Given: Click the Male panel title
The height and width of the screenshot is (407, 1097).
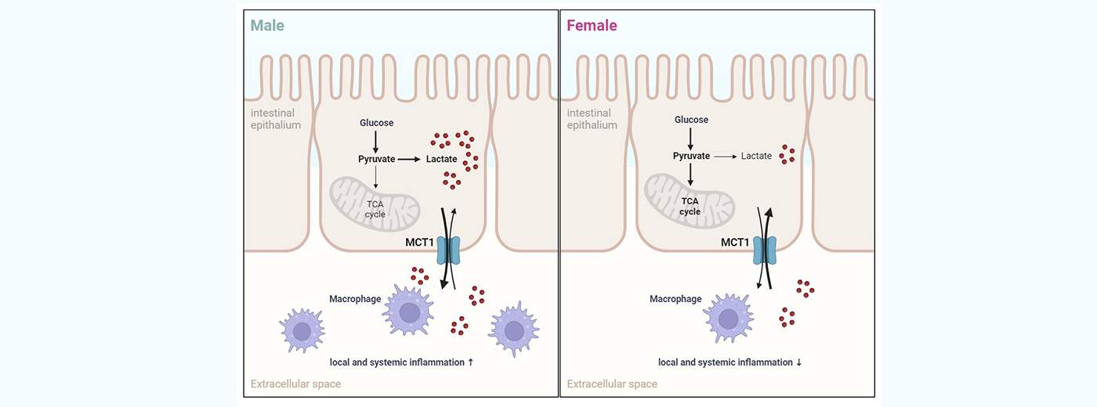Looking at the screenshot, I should (x=267, y=25).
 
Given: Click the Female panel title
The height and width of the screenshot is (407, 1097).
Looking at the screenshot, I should (x=591, y=25).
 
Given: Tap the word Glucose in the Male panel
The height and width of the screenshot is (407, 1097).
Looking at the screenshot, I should (x=376, y=123).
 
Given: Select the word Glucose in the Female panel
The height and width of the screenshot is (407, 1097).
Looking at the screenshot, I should (x=691, y=120).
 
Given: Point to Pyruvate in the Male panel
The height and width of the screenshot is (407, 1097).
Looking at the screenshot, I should (x=376, y=159).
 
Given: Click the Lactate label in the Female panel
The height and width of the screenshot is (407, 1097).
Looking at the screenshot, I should (x=756, y=156).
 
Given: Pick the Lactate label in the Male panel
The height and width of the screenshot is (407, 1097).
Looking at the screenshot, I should (x=441, y=159).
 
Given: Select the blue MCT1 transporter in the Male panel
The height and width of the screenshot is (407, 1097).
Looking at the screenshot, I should (x=449, y=250).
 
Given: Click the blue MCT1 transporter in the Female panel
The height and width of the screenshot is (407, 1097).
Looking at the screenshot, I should (x=764, y=250).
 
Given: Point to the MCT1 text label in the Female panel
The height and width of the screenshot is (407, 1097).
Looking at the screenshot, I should (x=734, y=243).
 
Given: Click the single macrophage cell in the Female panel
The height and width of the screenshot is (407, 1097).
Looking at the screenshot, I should (x=728, y=319).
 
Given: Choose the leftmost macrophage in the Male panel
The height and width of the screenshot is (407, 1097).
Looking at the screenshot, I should (x=302, y=330).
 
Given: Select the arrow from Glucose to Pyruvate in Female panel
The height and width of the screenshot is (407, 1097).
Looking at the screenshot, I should (x=690, y=139).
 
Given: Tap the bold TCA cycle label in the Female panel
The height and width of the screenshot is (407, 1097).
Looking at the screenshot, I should (x=690, y=206).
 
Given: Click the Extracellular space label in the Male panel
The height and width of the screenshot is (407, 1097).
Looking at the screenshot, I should (x=295, y=384).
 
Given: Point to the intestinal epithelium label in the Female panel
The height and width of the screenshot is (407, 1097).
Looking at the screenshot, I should (x=592, y=119).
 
